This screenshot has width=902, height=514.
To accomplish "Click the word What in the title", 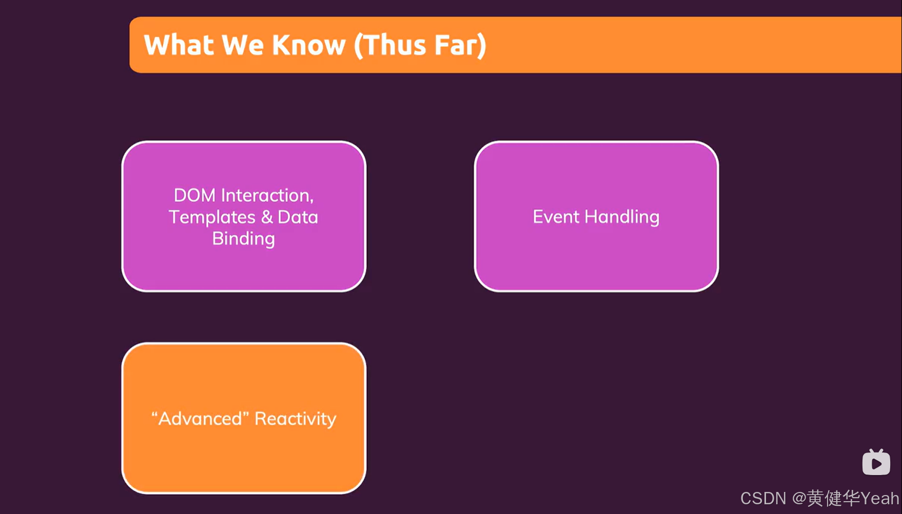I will (179, 45).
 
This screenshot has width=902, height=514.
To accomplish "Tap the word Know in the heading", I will (309, 45).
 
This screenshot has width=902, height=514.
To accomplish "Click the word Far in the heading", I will (456, 45).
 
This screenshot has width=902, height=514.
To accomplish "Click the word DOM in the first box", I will (194, 195).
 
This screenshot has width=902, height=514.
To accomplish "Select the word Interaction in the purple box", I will (266, 195).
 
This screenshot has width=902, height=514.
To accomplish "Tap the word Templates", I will (212, 217).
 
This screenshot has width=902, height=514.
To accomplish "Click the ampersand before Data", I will (267, 217).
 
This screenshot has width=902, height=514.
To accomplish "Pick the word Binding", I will (244, 239).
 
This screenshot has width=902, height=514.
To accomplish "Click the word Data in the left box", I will (298, 217).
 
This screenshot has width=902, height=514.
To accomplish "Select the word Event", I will (556, 217).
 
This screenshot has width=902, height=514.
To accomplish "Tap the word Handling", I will (622, 217).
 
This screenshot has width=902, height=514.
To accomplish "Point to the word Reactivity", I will (296, 419).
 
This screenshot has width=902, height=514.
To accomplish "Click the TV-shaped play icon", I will (876, 462).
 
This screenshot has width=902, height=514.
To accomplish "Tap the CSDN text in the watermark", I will (763, 498).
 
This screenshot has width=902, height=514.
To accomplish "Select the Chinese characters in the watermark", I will (833, 498).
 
